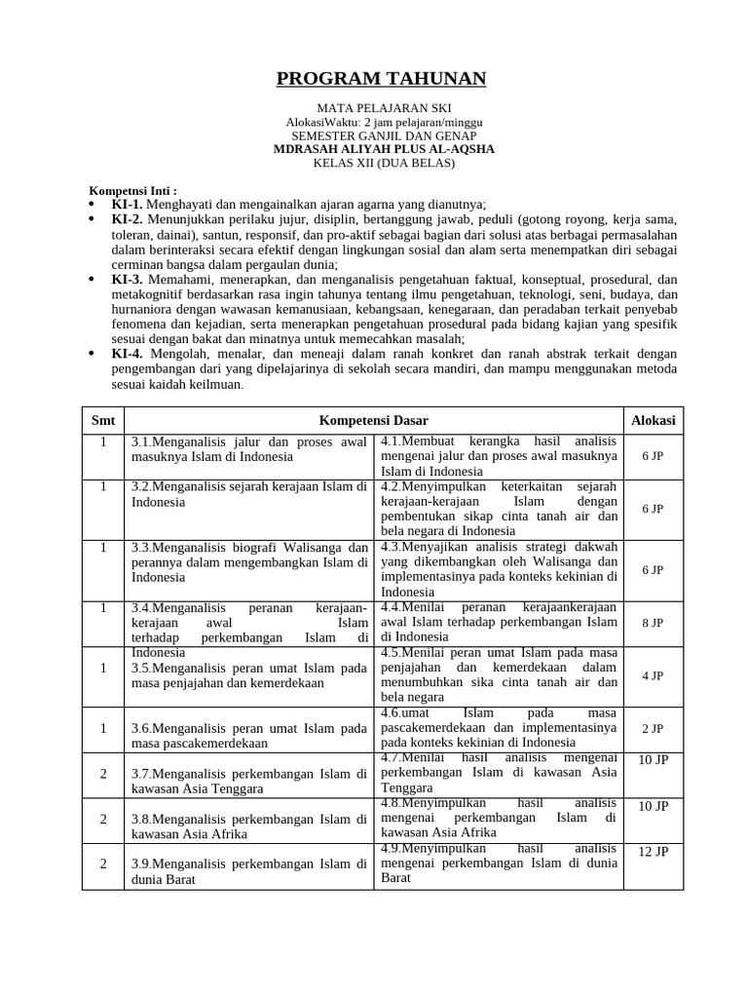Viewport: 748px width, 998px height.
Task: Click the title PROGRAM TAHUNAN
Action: click(x=382, y=79)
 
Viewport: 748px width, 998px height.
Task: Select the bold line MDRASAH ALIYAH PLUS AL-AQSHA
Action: click(x=384, y=149)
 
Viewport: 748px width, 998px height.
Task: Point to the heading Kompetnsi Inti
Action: click(x=133, y=190)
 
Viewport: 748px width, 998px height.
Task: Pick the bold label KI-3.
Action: click(x=128, y=279)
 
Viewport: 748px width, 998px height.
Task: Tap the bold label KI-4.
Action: click(x=128, y=355)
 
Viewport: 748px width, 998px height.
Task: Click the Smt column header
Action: click(x=103, y=420)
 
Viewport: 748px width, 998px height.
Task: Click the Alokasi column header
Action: click(x=653, y=420)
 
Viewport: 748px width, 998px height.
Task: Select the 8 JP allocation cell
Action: click(x=653, y=622)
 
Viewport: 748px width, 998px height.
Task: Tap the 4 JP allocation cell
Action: click(x=653, y=674)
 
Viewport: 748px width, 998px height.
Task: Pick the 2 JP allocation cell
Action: click(x=653, y=728)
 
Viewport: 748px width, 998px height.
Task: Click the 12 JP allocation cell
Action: click(x=653, y=852)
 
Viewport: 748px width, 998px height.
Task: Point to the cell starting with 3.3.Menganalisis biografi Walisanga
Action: click(x=248, y=562)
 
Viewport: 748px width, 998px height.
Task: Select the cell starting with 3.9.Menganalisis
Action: click(x=248, y=871)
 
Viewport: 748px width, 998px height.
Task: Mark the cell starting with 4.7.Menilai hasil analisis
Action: click(x=499, y=774)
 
